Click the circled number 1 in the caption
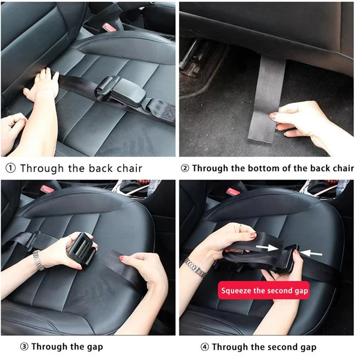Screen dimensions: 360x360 point(10,169)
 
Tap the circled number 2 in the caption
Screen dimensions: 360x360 point(185,169)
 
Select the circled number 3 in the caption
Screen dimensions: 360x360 point(24,346)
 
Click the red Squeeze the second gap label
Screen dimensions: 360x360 point(264,291)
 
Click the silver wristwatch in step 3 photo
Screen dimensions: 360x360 point(38,260)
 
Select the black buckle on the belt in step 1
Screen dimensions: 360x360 point(119,90)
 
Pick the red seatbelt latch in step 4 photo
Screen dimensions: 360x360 point(233,191)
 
